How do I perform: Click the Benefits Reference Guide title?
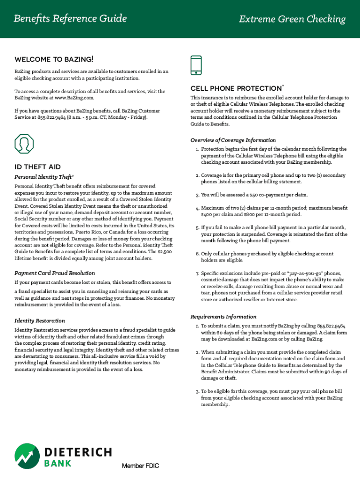coord(70,19)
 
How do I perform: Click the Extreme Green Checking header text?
coord(292,19)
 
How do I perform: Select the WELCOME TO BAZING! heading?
coord(54,59)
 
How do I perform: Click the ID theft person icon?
coord(24,144)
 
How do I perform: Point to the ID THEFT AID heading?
coord(38,167)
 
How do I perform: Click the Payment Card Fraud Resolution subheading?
coord(55,273)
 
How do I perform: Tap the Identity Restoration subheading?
coord(40,320)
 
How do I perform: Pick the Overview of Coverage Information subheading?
coord(233,140)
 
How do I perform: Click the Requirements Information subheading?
coord(223,316)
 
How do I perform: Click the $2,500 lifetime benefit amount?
coord(164,252)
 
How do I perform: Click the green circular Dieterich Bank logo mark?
coord(27,456)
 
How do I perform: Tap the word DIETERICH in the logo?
coord(78,452)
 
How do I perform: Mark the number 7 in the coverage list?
coord(198,273)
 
